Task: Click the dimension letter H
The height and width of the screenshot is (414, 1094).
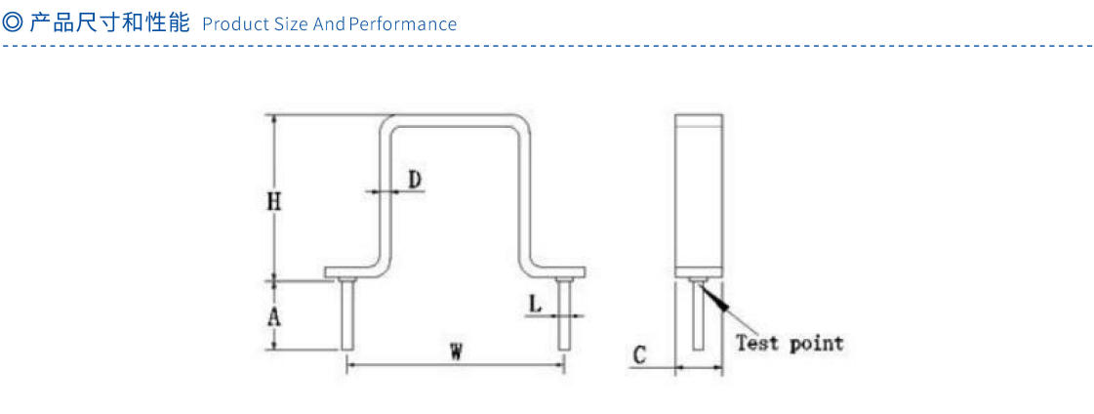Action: [274, 202]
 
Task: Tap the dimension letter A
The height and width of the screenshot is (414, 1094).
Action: [274, 316]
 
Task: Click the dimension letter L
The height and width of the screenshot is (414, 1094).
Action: [535, 304]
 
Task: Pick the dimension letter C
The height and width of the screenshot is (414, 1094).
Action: [639, 356]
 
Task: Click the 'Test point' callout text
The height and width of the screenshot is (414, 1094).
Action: [789, 343]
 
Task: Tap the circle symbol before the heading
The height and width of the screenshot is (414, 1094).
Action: [13, 22]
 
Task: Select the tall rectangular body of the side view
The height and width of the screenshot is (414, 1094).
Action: [699, 195]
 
